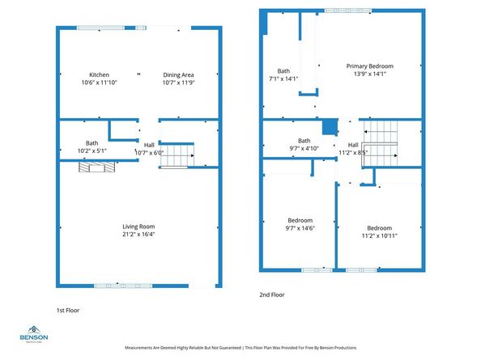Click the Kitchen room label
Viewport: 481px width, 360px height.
pyautogui.click(x=99, y=74)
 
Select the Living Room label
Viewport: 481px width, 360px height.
pyautogui.click(x=138, y=227)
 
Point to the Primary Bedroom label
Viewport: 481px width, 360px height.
pyautogui.click(x=369, y=66)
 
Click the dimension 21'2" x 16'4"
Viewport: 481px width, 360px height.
pyautogui.click(x=138, y=235)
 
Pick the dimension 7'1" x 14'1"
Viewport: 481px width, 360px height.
pyautogui.click(x=283, y=78)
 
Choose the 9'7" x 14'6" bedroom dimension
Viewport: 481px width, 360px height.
pyautogui.click(x=300, y=228)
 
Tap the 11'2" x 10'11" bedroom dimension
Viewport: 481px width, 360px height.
pyautogui.click(x=379, y=236)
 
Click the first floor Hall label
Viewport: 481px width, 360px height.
pyautogui.click(x=149, y=145)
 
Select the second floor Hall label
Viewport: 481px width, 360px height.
pyautogui.click(x=353, y=144)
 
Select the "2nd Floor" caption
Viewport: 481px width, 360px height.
pyautogui.click(x=272, y=295)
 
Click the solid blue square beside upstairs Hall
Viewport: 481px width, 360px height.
pyautogui.click(x=329, y=126)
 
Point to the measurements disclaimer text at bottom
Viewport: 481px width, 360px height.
pyautogui.click(x=240, y=348)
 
